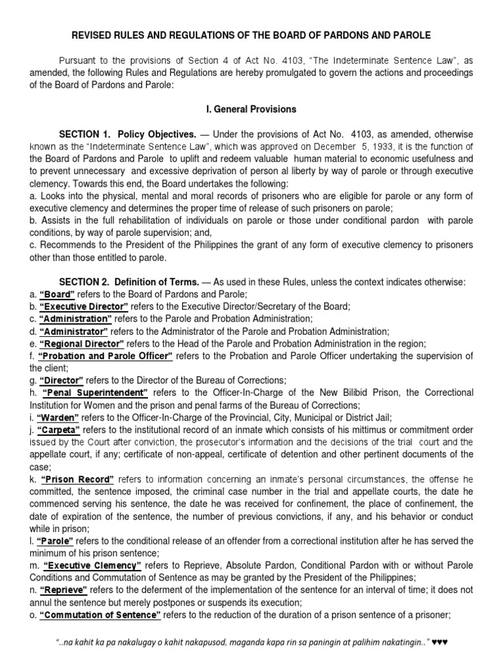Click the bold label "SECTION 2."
pos(85,282)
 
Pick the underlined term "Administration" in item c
pos(75,318)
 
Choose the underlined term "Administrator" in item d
pos(73,331)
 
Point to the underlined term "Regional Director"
pos(81,343)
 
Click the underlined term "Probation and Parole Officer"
pos(105,356)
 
